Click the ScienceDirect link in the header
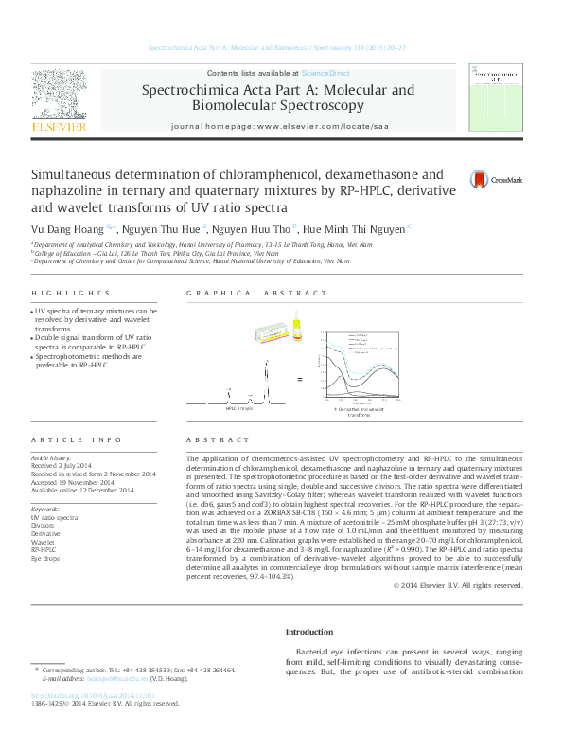click(325, 73)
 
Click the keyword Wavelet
click(44, 541)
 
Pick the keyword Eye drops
click(46, 558)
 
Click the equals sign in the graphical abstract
click(300, 379)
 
